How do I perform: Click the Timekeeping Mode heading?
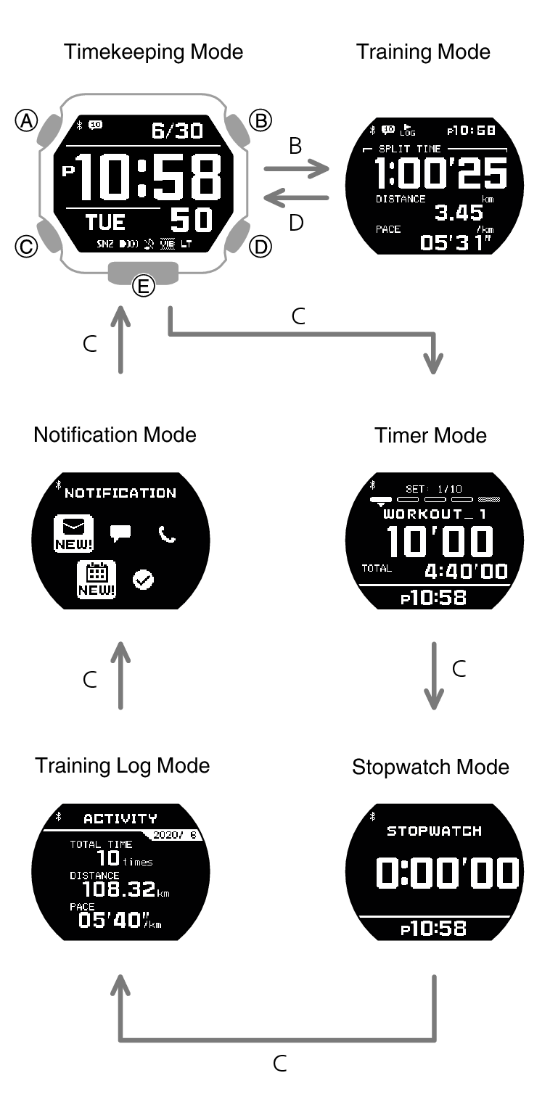pyautogui.click(x=154, y=52)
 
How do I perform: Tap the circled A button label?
pyautogui.click(x=27, y=120)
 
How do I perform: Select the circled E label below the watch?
pyautogui.click(x=144, y=286)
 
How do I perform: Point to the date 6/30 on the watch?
pyautogui.click(x=177, y=131)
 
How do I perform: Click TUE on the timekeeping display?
pyautogui.click(x=105, y=223)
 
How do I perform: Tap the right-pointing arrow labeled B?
pyautogui.click(x=296, y=169)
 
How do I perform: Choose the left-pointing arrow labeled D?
pyautogui.click(x=296, y=198)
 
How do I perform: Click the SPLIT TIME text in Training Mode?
pyautogui.click(x=409, y=149)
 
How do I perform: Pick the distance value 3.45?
pyautogui.click(x=459, y=213)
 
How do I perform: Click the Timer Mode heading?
pyautogui.click(x=430, y=436)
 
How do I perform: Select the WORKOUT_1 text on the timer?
pyautogui.click(x=435, y=514)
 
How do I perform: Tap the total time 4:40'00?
pyautogui.click(x=466, y=571)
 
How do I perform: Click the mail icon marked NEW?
pyautogui.click(x=73, y=533)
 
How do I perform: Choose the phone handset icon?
pyautogui.click(x=167, y=534)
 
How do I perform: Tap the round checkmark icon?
pyautogui.click(x=143, y=580)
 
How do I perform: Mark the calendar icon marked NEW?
pyautogui.click(x=97, y=580)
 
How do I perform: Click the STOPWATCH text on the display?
pyautogui.click(x=435, y=831)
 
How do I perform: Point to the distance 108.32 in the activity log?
pyautogui.click(x=119, y=889)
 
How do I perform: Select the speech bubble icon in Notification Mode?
pyautogui.click(x=120, y=533)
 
